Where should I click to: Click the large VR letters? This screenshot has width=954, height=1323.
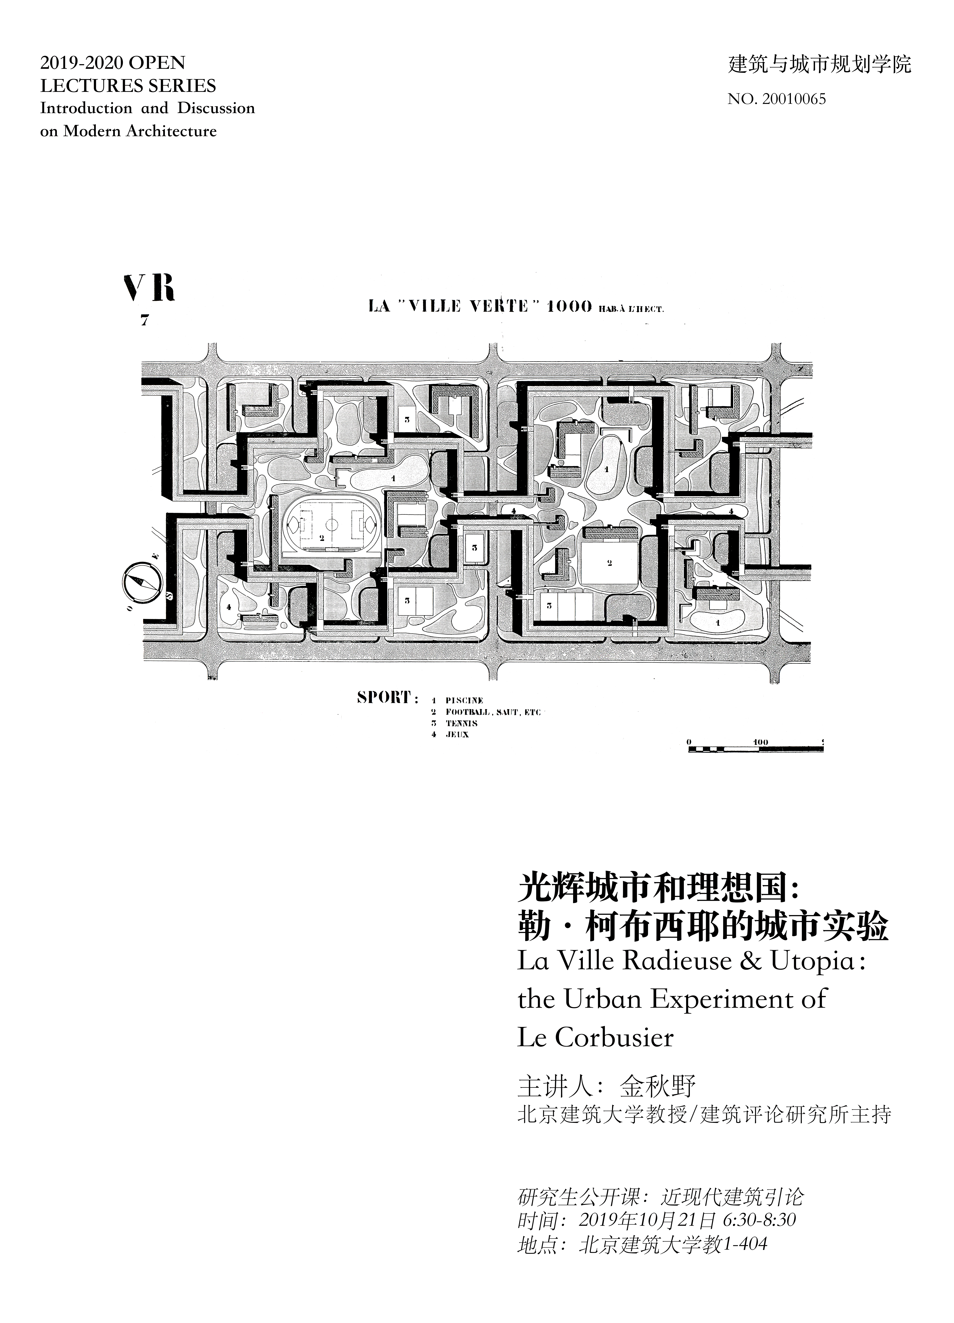pyautogui.click(x=149, y=288)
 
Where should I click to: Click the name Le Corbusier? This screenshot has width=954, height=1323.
pyautogui.click(x=595, y=1038)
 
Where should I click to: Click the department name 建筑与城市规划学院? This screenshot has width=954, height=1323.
pyautogui.click(x=819, y=64)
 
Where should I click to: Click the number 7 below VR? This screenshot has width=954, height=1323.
pyautogui.click(x=144, y=320)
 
